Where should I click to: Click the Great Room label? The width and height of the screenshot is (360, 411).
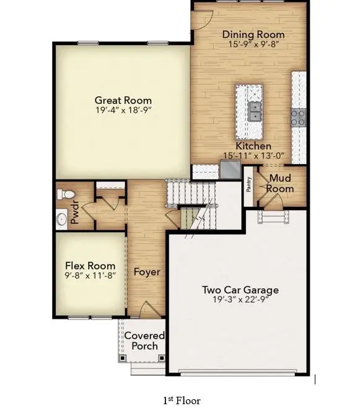pyautogui.click(x=123, y=100)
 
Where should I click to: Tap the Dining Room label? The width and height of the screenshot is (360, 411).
pyautogui.click(x=253, y=35)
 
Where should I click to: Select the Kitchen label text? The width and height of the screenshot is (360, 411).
pyautogui.click(x=253, y=146)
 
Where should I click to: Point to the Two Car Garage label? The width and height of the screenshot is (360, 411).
pyautogui.click(x=240, y=289)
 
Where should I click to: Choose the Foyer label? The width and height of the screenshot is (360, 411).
pyautogui.click(x=147, y=272)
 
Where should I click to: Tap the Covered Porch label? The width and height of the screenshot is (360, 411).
pyautogui.click(x=144, y=341)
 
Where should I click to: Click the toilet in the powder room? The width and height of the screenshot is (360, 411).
pyautogui.click(x=64, y=194)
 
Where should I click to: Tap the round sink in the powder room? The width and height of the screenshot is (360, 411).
pyautogui.click(x=62, y=218)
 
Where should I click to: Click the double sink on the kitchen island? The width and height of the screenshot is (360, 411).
pyautogui.click(x=255, y=111)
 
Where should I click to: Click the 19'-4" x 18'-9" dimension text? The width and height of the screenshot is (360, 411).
pyautogui.click(x=123, y=110)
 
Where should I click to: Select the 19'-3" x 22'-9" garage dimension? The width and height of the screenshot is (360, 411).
pyautogui.click(x=240, y=300)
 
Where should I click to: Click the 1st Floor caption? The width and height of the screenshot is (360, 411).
pyautogui.click(x=182, y=400)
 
